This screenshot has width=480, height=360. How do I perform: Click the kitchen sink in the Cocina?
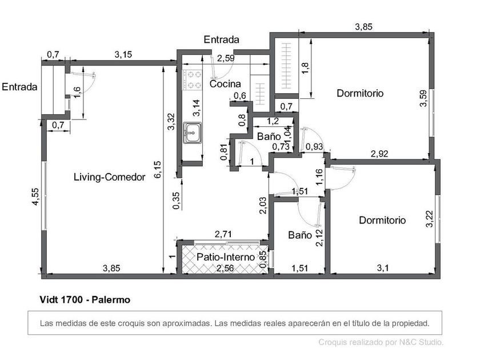193,133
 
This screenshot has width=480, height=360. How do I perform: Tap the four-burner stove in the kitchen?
193,80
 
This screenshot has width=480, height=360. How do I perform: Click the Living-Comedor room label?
110,177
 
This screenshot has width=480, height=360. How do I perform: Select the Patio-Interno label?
226,257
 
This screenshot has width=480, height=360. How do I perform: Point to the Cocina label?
225,84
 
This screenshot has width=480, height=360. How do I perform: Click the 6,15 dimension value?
158,169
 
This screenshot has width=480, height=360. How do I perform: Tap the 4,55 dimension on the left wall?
35,197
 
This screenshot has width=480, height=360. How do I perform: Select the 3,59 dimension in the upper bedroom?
423,98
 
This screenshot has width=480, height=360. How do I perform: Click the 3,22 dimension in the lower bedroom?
430,219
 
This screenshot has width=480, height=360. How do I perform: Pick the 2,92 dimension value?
379,154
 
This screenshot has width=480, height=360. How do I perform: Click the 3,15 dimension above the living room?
123,54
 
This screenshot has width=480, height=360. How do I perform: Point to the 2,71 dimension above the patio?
223,234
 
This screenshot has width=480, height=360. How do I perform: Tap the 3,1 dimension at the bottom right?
383,268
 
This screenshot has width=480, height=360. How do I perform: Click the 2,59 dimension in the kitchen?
226,58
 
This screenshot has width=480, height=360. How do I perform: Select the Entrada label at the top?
221,39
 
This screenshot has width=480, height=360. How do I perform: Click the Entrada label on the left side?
19,87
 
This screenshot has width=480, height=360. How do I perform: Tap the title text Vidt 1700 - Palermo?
85,299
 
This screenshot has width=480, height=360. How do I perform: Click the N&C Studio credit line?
381,342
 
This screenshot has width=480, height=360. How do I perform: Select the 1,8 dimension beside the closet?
305,69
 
